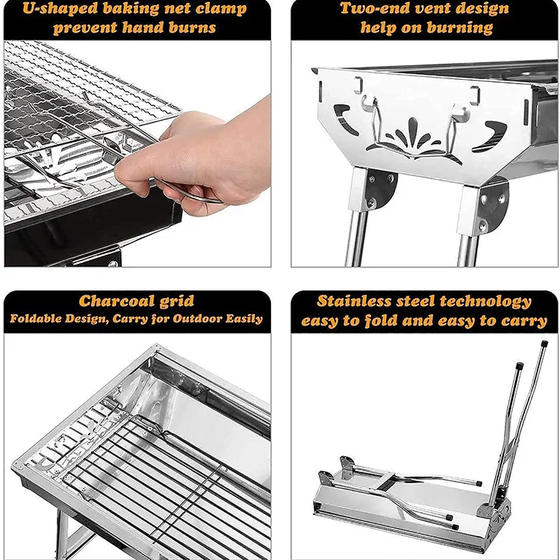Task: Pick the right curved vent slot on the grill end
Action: pos(489,135)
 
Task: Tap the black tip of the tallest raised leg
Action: pos(544,344)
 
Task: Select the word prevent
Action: pos(84,28)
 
